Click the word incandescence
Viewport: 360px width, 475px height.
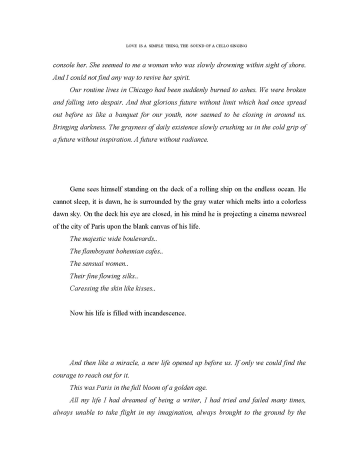pos(159,313)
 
